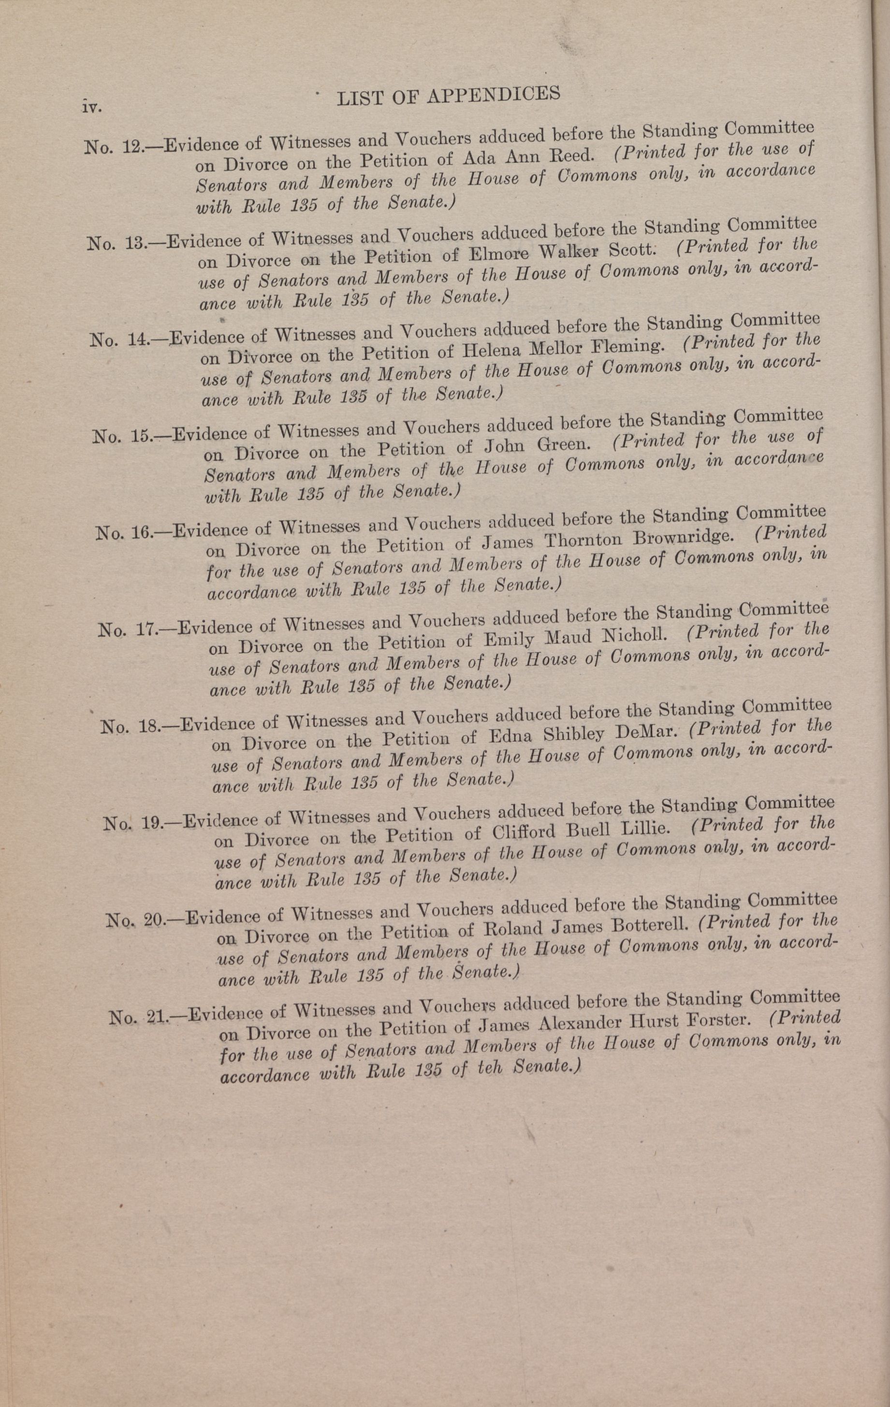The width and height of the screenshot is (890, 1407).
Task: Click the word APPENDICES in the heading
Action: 494,95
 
